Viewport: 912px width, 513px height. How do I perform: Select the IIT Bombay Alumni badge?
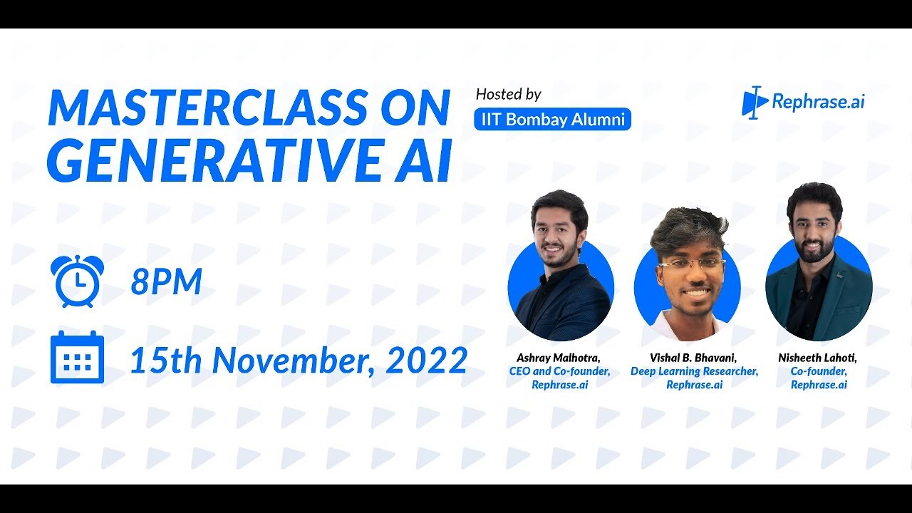tap(552, 119)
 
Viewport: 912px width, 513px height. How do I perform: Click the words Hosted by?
tap(508, 94)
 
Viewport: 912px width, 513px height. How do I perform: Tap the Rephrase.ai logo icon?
tap(754, 103)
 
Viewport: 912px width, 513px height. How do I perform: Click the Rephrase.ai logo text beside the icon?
tap(818, 102)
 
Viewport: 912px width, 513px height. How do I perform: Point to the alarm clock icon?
tap(77, 281)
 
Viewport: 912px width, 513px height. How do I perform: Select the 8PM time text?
tap(166, 282)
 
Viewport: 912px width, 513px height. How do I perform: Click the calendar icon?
tap(77, 358)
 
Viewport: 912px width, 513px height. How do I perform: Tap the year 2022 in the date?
tap(426, 361)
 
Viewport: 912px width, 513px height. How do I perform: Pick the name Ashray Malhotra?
tap(559, 358)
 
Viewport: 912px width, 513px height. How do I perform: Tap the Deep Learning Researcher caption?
tap(694, 371)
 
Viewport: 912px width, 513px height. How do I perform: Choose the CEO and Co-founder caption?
tap(559, 371)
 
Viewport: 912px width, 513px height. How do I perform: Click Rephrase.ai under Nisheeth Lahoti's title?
tap(819, 385)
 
